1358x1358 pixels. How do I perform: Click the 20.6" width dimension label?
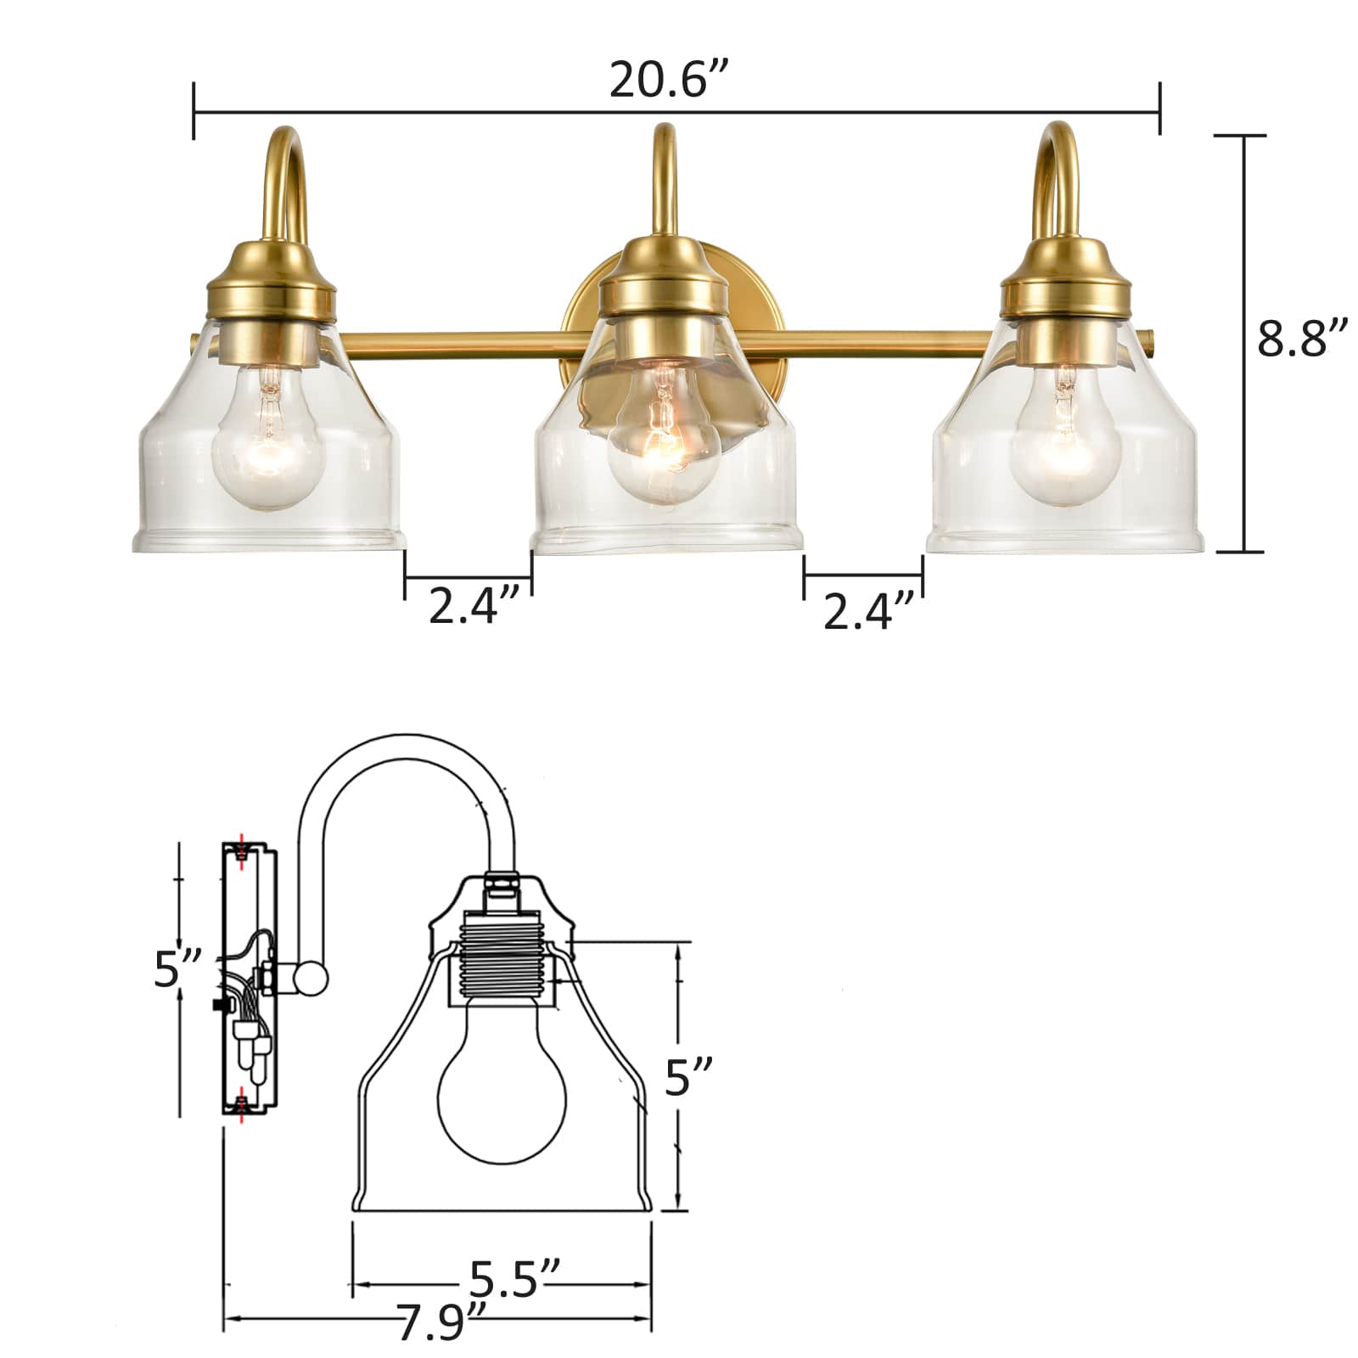669,81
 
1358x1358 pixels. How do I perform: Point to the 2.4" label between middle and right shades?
869,610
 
